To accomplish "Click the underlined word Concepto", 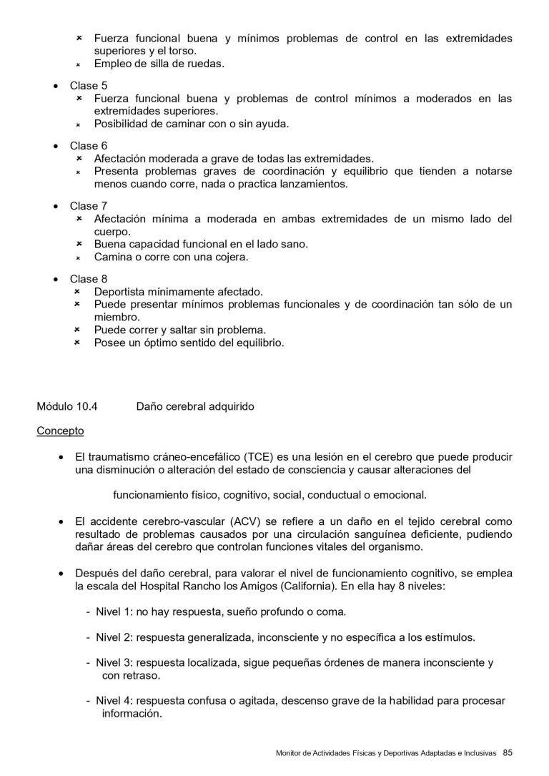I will point(60,431).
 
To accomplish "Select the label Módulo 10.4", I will point(66,407).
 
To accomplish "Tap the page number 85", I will point(508,752).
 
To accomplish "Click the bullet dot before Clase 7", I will point(56,207).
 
